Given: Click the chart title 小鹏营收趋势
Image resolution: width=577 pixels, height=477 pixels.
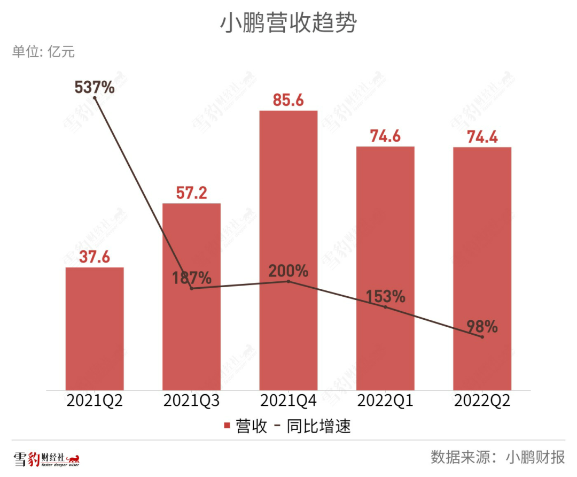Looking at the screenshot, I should (288, 24).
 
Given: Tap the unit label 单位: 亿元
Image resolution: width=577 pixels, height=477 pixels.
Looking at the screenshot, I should (43, 52).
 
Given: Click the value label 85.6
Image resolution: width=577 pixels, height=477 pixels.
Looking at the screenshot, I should (288, 100).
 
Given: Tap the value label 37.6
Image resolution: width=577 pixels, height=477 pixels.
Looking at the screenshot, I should (95, 257).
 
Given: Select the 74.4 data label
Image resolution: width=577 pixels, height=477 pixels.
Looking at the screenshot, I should (482, 137).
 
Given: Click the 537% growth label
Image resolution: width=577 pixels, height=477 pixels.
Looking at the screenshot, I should (95, 87).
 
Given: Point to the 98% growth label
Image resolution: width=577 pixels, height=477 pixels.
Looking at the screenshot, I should (482, 326).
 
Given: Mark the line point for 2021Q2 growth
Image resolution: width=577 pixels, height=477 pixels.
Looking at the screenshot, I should (95, 98).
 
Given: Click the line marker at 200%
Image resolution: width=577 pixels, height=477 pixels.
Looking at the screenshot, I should (288, 281).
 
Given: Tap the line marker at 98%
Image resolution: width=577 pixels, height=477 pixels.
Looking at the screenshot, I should (482, 337).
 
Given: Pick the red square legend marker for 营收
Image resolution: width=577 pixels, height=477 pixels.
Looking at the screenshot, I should (227, 426).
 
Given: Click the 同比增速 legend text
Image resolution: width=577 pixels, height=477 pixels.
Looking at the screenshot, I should (318, 426).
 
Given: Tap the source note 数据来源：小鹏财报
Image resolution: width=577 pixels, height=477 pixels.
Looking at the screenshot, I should (498, 458).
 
